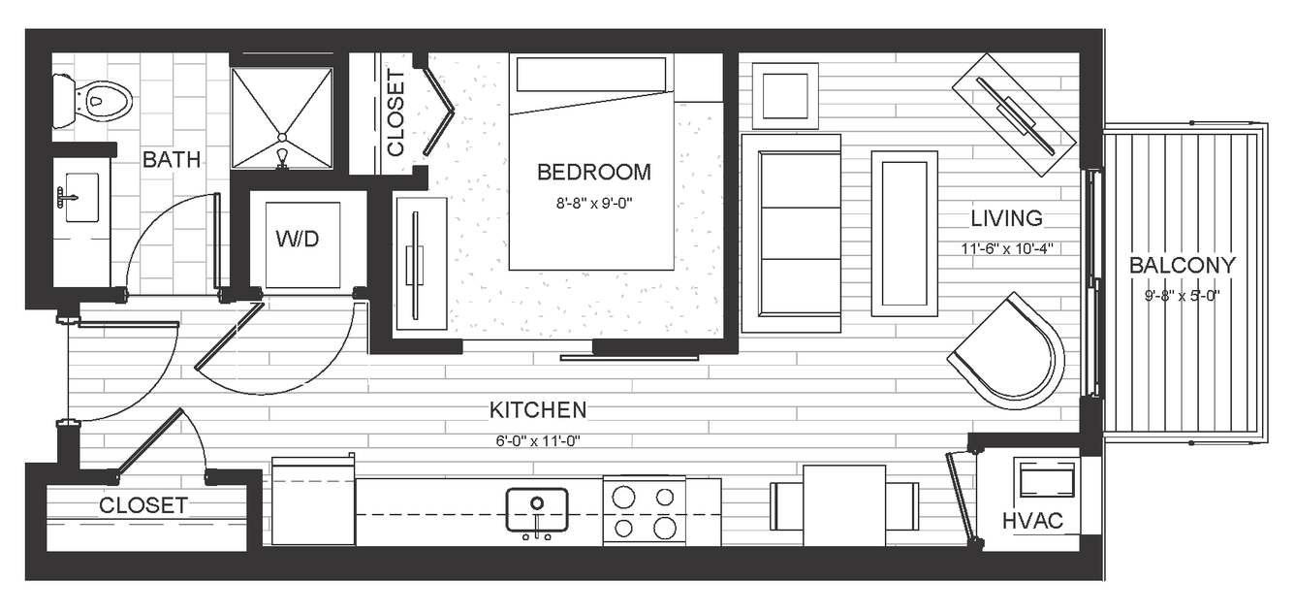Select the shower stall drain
click(282, 138)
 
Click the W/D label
click(298, 239)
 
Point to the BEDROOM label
click(594, 172)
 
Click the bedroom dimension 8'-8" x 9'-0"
click(594, 203)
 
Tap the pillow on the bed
click(591, 74)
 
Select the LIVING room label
click(1006, 218)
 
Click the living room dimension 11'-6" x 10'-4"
click(1007, 248)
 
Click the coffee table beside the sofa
click(904, 234)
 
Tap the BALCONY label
click(1183, 266)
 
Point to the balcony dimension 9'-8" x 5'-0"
click(1183, 296)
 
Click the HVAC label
click(1032, 521)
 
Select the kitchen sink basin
click(537, 510)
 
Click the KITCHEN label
click(538, 410)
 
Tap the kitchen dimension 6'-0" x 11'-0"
click(538, 441)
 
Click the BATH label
click(172, 159)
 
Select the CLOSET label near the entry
click(143, 505)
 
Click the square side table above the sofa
click(785, 96)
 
